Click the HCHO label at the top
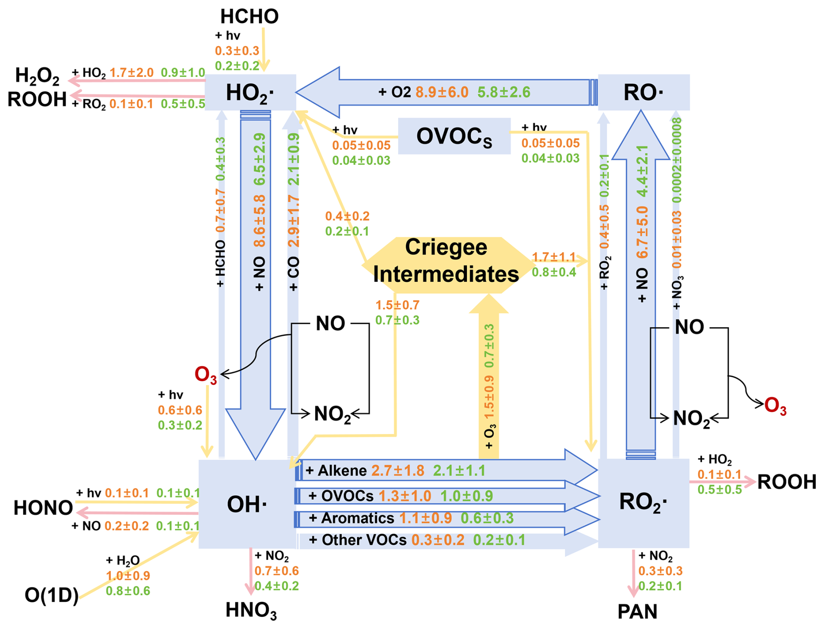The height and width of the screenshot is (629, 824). [x=249, y=17]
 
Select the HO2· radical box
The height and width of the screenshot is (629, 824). [x=250, y=92]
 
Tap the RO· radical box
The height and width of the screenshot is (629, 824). [x=643, y=92]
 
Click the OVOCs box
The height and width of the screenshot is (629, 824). [x=454, y=136]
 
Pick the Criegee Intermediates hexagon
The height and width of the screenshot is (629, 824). [x=446, y=261]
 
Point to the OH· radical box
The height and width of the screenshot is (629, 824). [x=247, y=504]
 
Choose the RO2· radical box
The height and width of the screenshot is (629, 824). [x=643, y=502]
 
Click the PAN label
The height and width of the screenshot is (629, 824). [x=637, y=612]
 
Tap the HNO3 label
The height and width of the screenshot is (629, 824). [x=251, y=610]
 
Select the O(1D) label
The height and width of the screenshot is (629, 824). [x=52, y=595]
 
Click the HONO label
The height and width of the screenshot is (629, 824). [x=43, y=508]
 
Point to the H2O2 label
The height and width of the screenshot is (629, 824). [x=37, y=76]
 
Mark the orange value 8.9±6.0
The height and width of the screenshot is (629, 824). [x=442, y=92]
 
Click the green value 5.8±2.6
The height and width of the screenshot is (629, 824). [x=503, y=92]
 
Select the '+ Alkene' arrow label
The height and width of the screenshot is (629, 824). [x=336, y=471]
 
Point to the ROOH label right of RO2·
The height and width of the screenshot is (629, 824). [x=787, y=482]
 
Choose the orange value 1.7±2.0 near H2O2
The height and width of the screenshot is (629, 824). [x=132, y=73]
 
